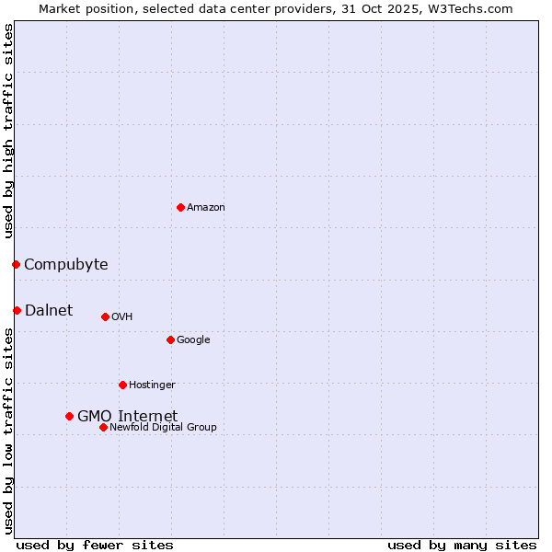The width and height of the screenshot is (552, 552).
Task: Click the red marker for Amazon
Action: (180, 207)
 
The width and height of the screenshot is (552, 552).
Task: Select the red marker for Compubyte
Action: (16, 265)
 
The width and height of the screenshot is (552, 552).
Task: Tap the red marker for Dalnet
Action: (17, 310)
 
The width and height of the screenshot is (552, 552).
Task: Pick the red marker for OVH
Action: (105, 316)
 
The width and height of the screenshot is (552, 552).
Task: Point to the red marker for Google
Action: (170, 339)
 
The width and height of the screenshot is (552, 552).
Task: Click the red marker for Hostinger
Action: (122, 385)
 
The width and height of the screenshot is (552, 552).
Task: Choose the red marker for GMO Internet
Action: (69, 416)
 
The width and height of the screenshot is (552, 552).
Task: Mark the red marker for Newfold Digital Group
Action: (103, 427)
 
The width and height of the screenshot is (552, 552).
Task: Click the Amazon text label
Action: (206, 208)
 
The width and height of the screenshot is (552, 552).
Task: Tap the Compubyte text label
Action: (65, 265)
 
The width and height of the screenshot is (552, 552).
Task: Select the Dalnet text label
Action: (49, 310)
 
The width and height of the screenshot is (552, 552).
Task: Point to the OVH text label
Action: (122, 317)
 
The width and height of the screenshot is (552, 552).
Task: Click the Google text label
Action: (193, 340)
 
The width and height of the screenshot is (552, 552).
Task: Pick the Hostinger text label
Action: (152, 385)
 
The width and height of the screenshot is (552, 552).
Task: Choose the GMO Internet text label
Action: (127, 416)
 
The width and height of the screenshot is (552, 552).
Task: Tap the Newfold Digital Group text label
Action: (163, 428)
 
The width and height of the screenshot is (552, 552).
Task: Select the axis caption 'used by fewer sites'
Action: (95, 545)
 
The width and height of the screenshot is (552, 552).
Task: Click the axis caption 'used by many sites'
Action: (462, 545)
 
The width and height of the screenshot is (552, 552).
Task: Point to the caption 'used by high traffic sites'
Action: (9, 131)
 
